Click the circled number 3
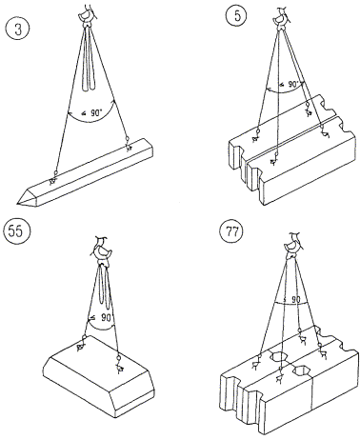pyautogui.click(x=18, y=30)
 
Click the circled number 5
pyautogui.click(x=238, y=15)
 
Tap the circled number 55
pyautogui.click(x=16, y=231)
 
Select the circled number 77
pyautogui.click(x=232, y=231)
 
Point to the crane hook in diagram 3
pyautogui.click(x=87, y=14)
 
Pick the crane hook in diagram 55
pyautogui.click(x=102, y=250)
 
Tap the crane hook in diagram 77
pyautogui.click(x=293, y=246)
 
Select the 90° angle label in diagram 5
pyautogui.click(x=290, y=85)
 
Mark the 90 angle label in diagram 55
pyautogui.click(x=101, y=317)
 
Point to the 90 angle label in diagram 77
pyautogui.click(x=292, y=299)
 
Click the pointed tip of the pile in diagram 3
pyautogui.click(x=17, y=202)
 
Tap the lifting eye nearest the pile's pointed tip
pyautogui.click(x=53, y=178)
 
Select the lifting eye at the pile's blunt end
pyautogui.click(x=128, y=144)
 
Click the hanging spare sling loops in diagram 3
pyautogui.click(x=90, y=59)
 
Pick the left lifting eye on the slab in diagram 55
pyautogui.click(x=82, y=343)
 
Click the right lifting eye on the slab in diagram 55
pyautogui.click(x=119, y=364)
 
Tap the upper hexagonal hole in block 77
pyautogui.click(x=278, y=356)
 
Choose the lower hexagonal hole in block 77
pyautogui.click(x=302, y=370)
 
